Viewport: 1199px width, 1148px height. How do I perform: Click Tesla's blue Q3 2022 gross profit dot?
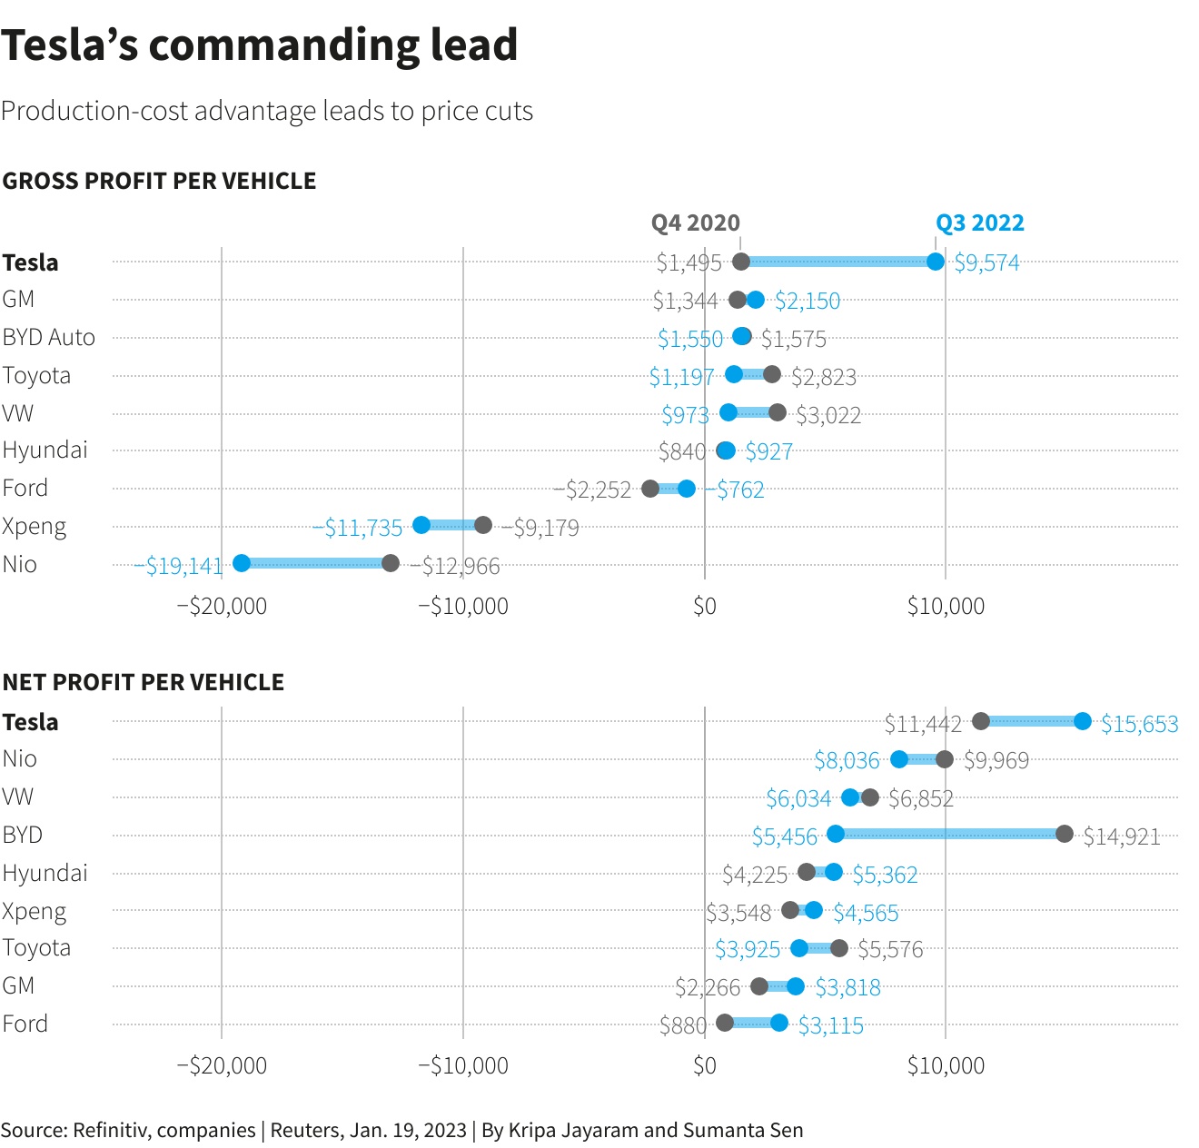[936, 262]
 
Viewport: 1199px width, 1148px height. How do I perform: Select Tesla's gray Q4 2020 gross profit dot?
[741, 262]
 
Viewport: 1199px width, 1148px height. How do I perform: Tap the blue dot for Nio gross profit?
[242, 563]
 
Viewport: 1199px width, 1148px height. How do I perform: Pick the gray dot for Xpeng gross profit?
[483, 525]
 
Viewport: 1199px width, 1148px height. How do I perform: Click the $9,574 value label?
[986, 263]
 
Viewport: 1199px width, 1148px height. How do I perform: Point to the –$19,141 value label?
[179, 566]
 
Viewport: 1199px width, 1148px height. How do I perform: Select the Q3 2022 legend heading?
[979, 223]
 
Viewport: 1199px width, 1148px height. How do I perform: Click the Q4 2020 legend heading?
[695, 223]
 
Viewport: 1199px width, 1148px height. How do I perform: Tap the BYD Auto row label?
[49, 337]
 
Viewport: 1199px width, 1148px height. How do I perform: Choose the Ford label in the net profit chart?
[25, 1024]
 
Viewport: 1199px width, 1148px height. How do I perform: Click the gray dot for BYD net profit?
[1065, 834]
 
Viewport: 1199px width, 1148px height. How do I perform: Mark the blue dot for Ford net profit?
[779, 1023]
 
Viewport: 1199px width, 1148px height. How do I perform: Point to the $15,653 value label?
[1139, 724]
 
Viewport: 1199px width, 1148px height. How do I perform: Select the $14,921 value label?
[1122, 836]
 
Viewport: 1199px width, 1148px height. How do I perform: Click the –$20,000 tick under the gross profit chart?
[222, 606]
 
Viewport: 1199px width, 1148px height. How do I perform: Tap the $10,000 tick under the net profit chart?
[946, 1065]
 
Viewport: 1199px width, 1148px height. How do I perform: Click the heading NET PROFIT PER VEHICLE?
[144, 682]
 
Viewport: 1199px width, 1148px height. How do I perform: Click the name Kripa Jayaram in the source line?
[573, 1130]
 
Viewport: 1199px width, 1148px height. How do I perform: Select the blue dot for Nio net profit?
[899, 759]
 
